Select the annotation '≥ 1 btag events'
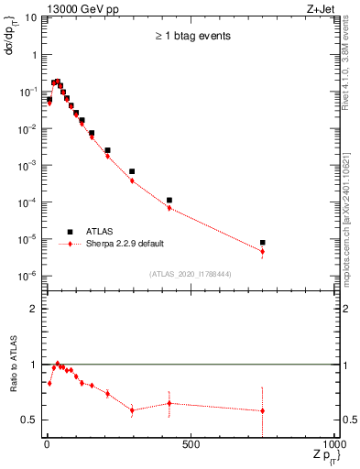coord(191,36)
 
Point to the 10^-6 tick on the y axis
coord(28,276)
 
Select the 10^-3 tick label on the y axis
coord(28,166)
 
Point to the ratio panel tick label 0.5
coord(31,420)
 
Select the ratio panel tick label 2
coord(35,309)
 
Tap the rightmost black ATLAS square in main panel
coord(263,243)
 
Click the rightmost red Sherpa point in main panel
coord(263,251)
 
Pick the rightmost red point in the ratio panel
coord(263,410)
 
